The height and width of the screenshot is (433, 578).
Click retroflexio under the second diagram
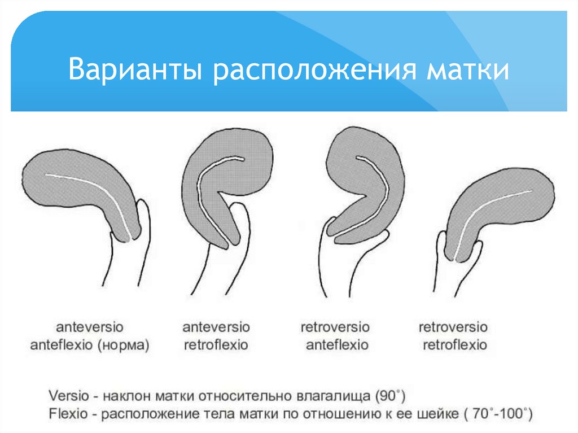pos(216,344)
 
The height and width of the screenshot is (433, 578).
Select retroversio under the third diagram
pos(335,327)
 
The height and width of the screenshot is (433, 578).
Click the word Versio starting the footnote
pos(68,393)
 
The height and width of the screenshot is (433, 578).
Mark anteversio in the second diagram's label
pos(216,327)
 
